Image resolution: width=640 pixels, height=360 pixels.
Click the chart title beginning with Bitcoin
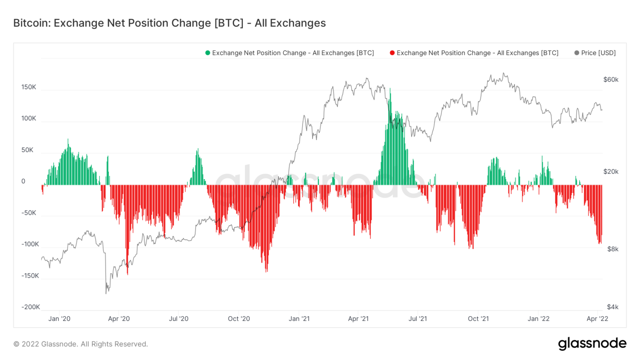tap(169, 23)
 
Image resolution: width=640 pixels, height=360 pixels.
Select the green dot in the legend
tap(207, 53)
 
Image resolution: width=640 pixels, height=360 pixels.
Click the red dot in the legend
tap(392, 53)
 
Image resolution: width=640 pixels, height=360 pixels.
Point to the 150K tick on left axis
tap(29, 87)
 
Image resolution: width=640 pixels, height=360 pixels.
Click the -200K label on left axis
tap(31, 307)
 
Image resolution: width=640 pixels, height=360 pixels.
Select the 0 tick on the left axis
tap(23, 181)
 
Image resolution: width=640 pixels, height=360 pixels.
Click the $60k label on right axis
tap(610, 80)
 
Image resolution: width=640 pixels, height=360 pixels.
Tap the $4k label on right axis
tap(612, 307)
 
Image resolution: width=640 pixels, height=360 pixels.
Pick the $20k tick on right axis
tap(610, 172)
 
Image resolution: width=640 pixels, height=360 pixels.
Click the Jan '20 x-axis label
tap(59, 319)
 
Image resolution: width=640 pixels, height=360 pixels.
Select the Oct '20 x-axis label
tap(239, 319)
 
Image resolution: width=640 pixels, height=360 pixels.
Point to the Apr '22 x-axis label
tap(597, 319)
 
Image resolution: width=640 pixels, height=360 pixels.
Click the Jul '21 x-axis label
tap(417, 319)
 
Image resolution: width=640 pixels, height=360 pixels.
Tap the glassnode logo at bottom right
tap(592, 344)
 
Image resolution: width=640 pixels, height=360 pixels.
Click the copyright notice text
tap(81, 344)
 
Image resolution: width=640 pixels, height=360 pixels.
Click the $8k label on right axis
tap(612, 249)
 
